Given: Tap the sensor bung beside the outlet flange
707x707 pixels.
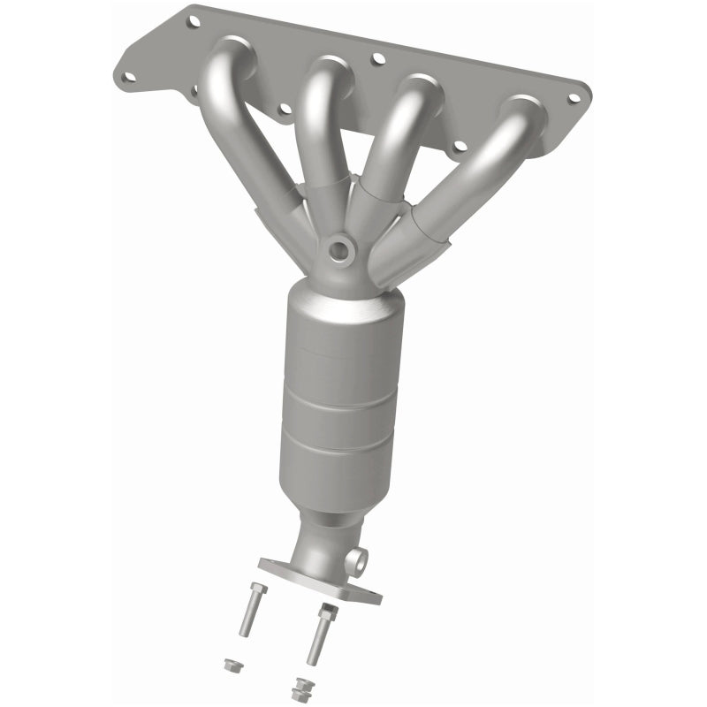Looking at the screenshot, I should (x=358, y=559).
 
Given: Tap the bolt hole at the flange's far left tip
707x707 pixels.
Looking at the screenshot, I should (x=129, y=76).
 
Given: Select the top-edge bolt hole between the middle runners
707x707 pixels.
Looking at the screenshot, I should (x=378, y=59).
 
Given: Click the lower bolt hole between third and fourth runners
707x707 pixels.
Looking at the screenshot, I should (x=458, y=147).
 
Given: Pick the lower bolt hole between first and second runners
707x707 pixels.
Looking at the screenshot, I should (x=284, y=110).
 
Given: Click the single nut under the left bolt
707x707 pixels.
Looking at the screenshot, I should (x=231, y=665).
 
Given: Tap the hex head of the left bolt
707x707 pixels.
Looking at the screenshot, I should (x=258, y=589).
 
